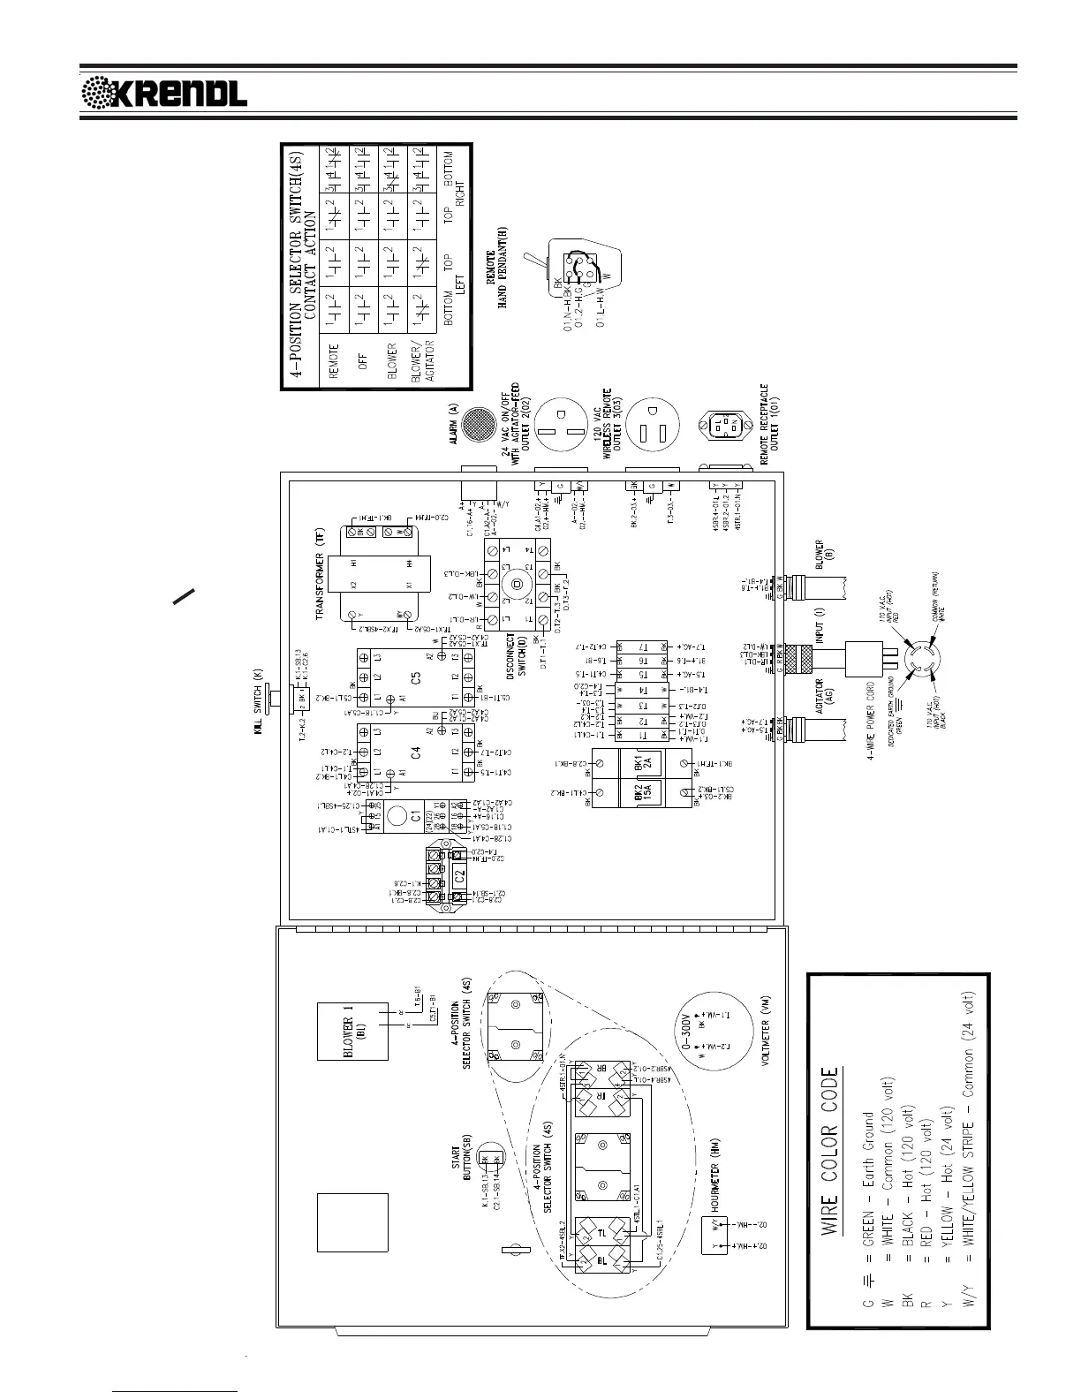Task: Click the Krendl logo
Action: click(x=164, y=92)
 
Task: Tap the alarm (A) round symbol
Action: click(x=480, y=425)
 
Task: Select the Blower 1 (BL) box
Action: click(x=352, y=1031)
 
